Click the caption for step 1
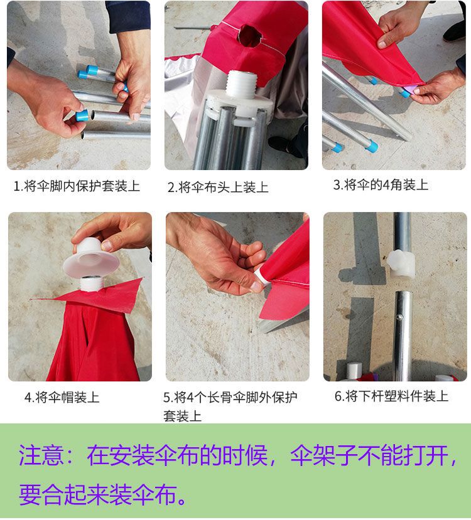coord(77,186)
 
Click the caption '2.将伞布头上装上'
coord(218,188)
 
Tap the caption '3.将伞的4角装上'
coord(381,184)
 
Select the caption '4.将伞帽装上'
coord(62,397)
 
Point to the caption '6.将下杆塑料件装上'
coord(391,396)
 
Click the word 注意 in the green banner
coord(41,455)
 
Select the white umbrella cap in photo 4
coord(90,258)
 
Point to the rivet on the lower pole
coord(401,317)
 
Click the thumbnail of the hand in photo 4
coord(107,246)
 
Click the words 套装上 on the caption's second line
coord(182,416)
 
